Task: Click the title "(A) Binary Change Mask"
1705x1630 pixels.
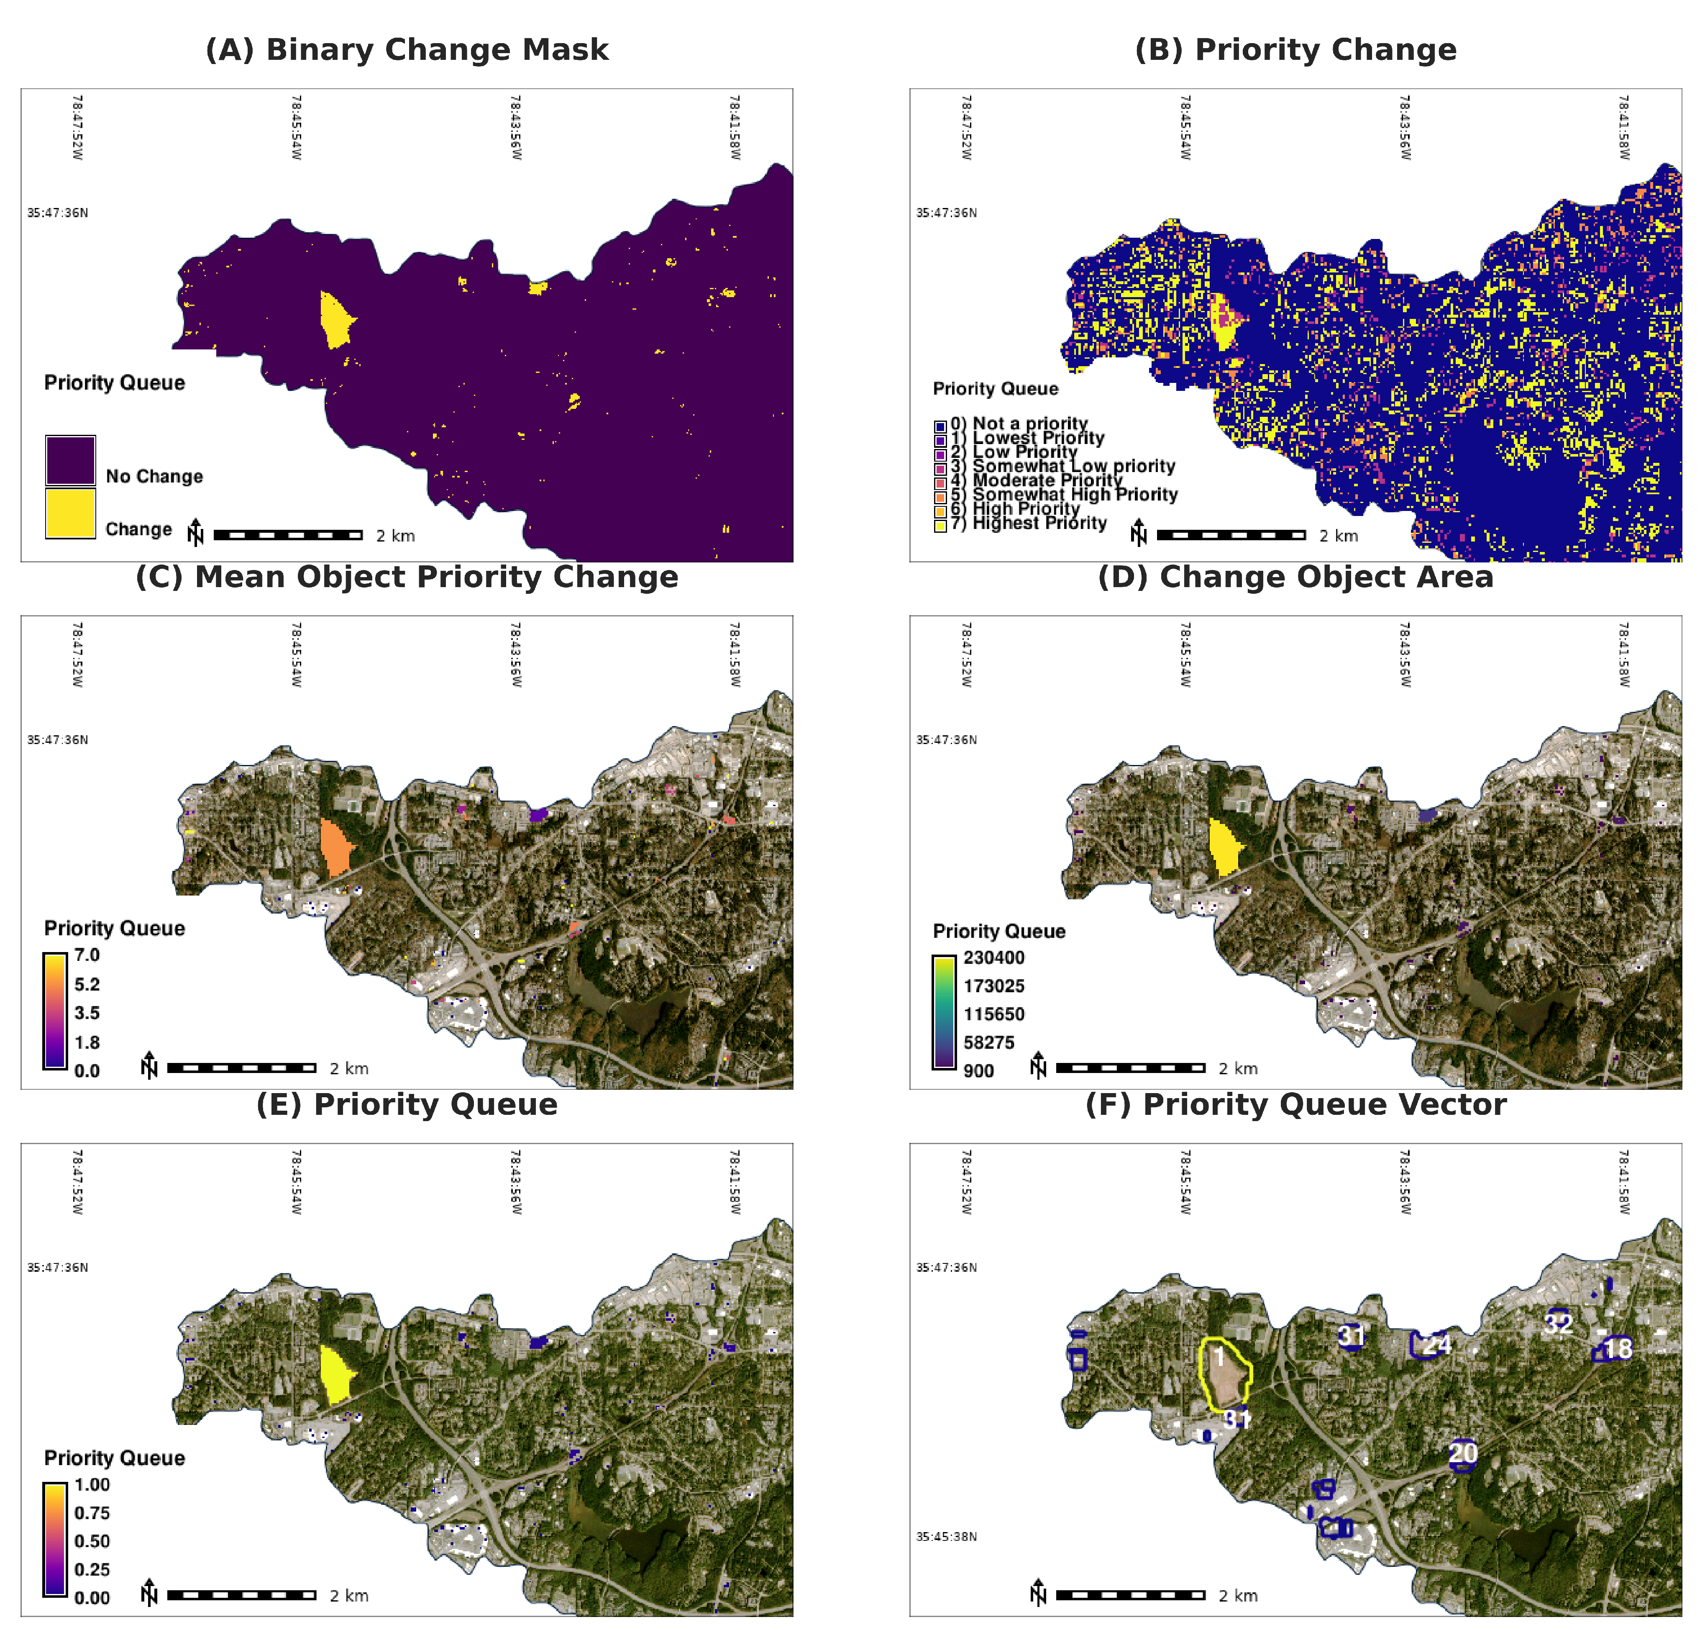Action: pos(407,49)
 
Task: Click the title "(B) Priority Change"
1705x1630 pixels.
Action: pos(1295,49)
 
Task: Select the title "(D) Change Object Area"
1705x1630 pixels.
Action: pos(1295,577)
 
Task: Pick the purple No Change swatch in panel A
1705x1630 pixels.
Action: pos(70,459)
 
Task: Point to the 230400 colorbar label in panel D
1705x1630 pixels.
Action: pos(993,957)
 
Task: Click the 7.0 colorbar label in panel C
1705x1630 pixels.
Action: pos(87,955)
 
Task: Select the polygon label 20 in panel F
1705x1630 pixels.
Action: pos(1463,1453)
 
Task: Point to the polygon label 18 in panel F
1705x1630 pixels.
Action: pos(1617,1348)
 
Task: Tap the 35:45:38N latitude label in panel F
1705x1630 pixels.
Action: pos(946,1536)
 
